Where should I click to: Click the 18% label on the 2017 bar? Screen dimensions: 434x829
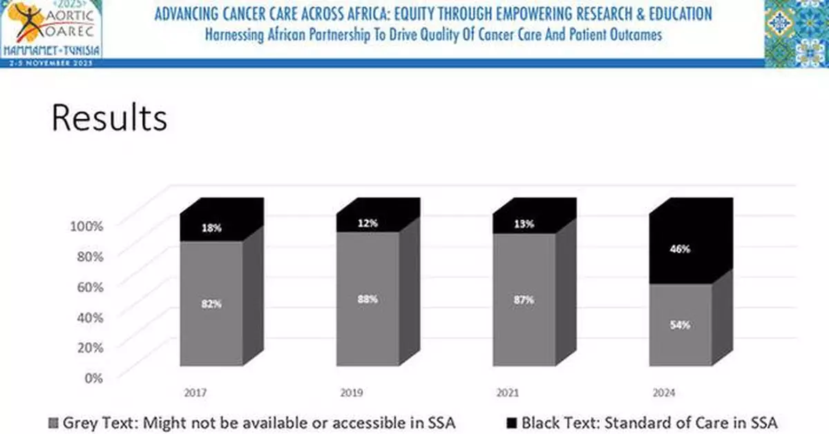211,228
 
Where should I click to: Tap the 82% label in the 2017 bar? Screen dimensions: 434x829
211,304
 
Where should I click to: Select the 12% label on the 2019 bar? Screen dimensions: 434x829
368,224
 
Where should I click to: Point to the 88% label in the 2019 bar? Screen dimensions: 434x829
368,299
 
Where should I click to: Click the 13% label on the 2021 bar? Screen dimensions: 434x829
524,224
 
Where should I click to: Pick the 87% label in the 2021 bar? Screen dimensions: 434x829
524,300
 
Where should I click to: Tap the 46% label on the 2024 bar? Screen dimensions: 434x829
680,249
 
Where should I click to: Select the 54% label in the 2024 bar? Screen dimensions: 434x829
680,325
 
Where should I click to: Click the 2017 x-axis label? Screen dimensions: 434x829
195,393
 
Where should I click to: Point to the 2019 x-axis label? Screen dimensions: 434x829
352,393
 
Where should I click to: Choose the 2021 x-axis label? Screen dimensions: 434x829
508,393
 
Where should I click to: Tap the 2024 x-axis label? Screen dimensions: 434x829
664,393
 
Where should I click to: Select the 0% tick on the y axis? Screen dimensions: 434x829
93,377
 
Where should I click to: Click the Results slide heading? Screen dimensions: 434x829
109,118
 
